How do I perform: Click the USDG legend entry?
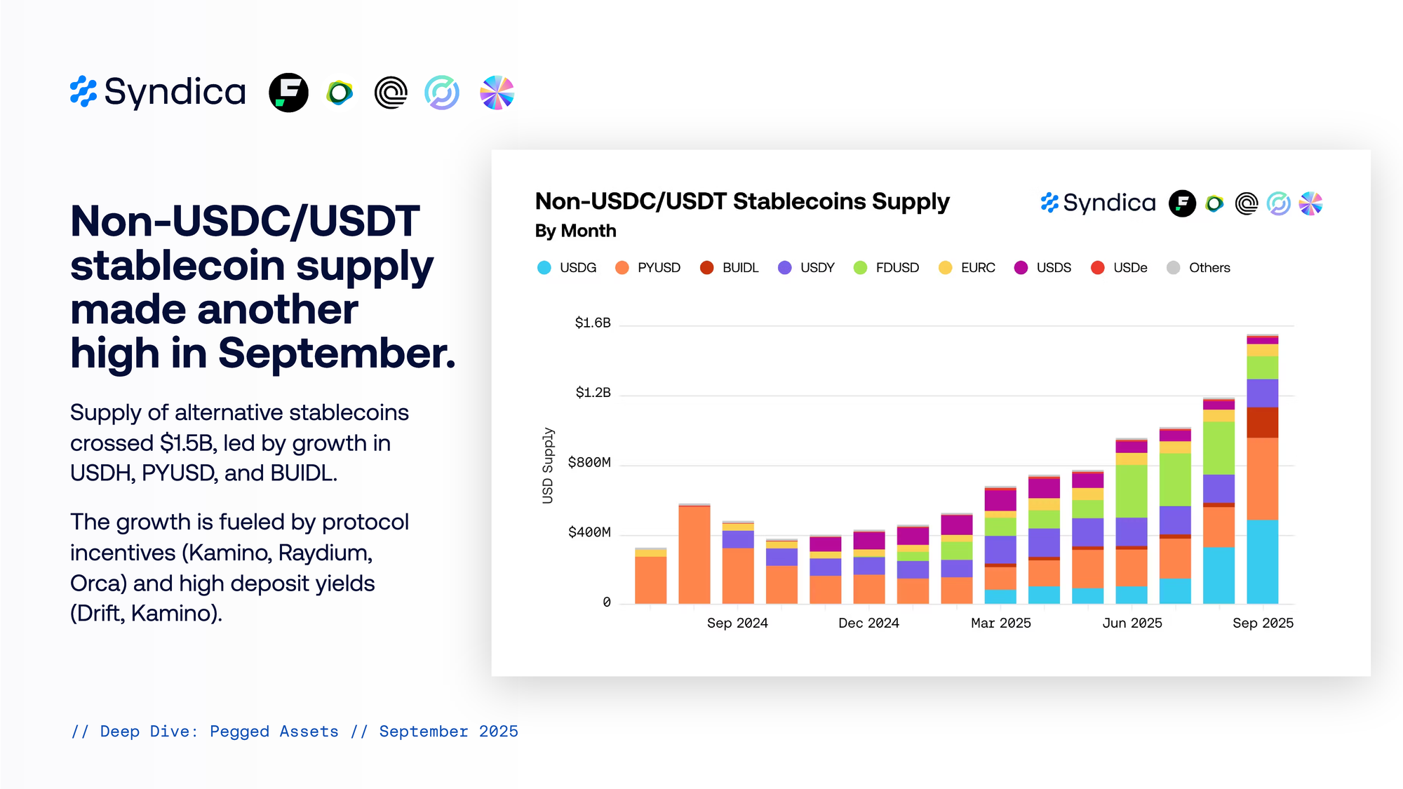click(567, 268)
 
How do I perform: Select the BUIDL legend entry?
click(730, 268)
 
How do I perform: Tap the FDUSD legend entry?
click(886, 268)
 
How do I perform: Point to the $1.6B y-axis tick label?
click(593, 323)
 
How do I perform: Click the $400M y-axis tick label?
click(589, 532)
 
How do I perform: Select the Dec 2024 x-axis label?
click(868, 623)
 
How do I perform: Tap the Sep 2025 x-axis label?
click(1263, 623)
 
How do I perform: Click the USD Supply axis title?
click(548, 466)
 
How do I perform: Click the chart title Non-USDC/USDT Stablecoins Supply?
click(741, 201)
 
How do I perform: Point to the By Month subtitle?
click(575, 231)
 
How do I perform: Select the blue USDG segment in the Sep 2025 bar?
click(1262, 561)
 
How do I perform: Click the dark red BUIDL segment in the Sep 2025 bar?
click(1262, 422)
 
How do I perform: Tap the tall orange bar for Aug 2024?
click(694, 554)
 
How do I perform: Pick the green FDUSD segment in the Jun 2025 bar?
click(1132, 491)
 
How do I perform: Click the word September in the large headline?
click(336, 353)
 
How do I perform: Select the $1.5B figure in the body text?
click(188, 443)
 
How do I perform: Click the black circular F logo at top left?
click(288, 93)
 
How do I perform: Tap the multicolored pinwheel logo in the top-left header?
click(497, 93)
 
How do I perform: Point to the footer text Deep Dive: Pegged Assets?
click(219, 731)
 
